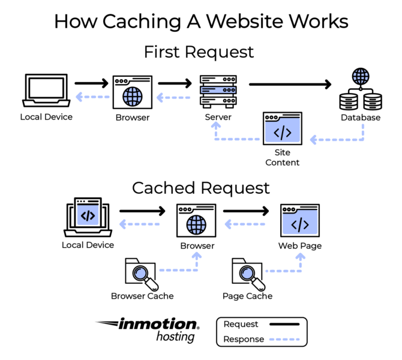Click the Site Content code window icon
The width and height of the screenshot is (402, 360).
pos(283,128)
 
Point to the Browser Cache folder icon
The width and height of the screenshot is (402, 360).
pos(140,274)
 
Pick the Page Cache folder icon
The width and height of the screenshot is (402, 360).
pos(248,274)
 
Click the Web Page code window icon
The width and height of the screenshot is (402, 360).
pos(300,221)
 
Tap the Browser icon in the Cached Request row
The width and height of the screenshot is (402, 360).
pos(196,221)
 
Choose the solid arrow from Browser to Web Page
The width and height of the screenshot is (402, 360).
pos(246,211)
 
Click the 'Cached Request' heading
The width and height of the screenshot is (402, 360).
pos(200,188)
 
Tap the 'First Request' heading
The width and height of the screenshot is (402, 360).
pos(199,52)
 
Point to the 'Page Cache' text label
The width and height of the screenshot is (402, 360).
pos(247,296)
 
